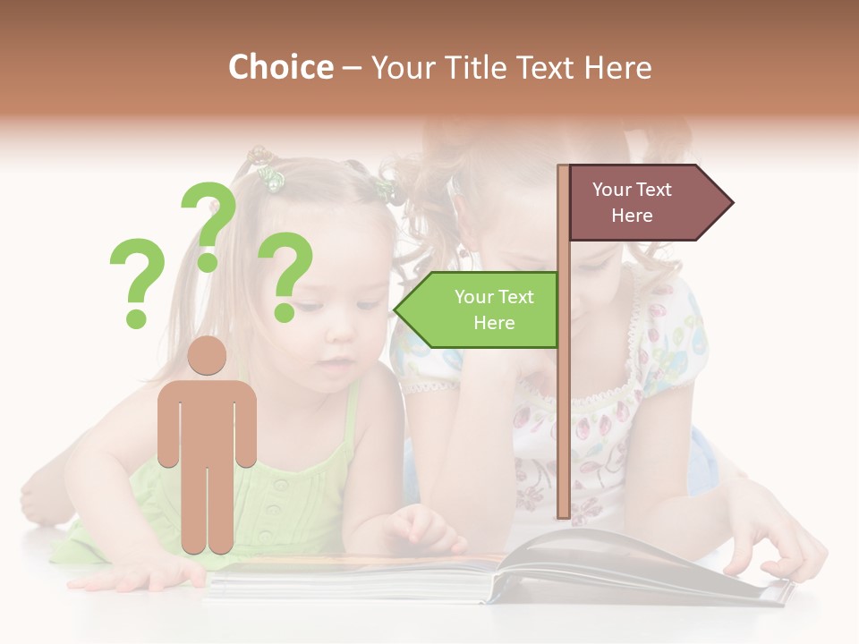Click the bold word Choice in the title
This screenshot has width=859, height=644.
(280, 67)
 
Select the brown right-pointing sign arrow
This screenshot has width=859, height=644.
(649, 202)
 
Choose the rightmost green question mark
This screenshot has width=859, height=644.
(285, 275)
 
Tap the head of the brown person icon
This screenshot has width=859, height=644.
(208, 357)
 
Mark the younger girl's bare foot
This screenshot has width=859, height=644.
(40, 496)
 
